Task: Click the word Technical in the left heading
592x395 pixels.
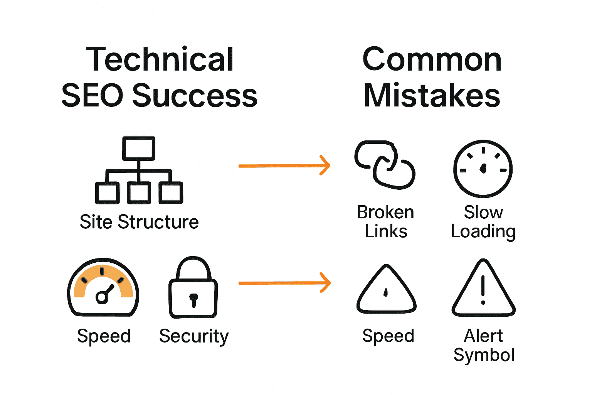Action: pos(160,60)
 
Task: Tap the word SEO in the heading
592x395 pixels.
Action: pos(92,96)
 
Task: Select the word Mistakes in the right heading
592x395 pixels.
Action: pos(432,96)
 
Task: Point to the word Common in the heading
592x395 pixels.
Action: pos(432,60)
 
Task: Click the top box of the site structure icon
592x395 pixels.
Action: pos(139,148)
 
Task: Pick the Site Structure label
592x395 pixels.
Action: pos(139,222)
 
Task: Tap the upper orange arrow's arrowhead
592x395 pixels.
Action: pos(326,166)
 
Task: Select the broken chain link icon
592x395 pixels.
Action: pos(385,165)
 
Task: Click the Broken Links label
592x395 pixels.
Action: pos(385,222)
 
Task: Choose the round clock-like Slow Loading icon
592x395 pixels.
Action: pos(483,169)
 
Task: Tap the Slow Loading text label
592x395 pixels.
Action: pos(483,222)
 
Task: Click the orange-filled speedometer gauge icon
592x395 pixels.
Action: pos(103,287)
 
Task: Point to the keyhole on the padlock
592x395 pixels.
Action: pos(193,299)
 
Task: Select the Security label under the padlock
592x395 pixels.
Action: pos(194,336)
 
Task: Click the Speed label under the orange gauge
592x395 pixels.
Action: pos(104,336)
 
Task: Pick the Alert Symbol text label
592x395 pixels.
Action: pos(484,345)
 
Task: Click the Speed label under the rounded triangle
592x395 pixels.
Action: pos(388,336)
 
